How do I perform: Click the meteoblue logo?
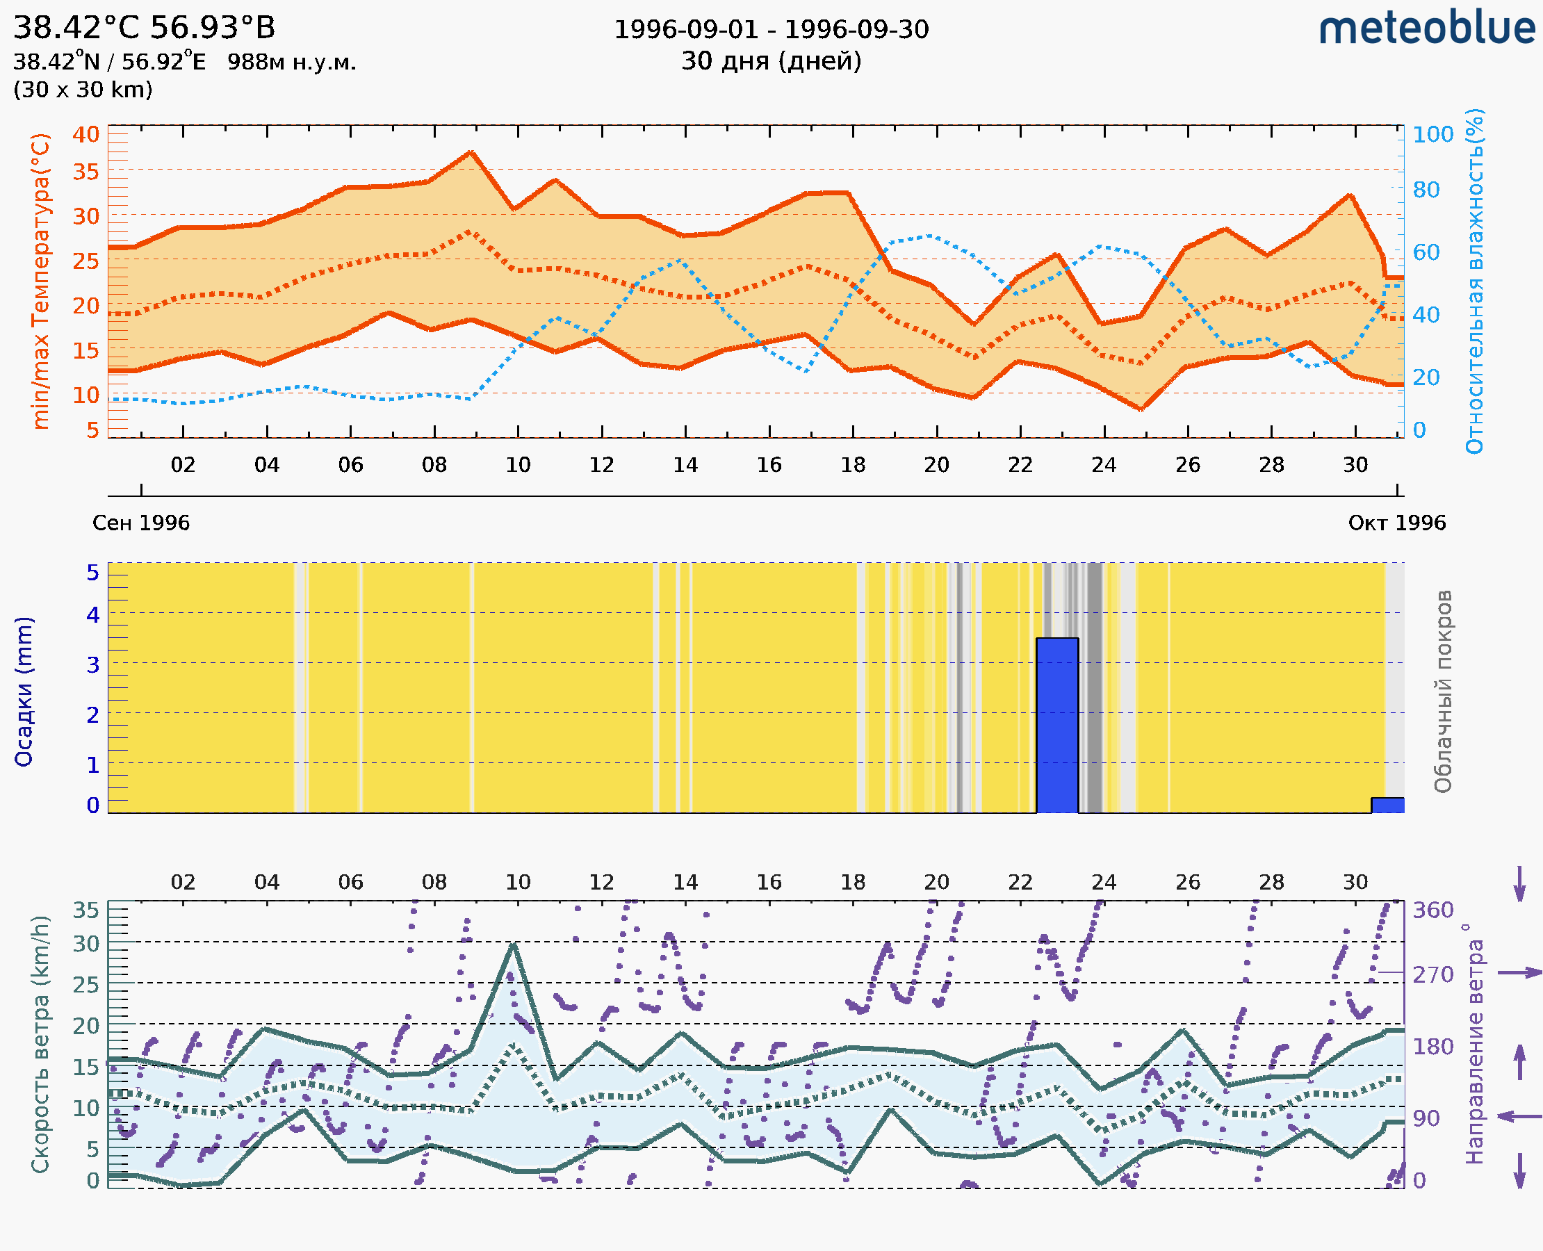pos(1426,28)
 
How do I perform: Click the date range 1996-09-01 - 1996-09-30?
pos(771,30)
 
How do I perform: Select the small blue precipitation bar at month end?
pos(1387,805)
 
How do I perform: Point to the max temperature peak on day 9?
pos(471,152)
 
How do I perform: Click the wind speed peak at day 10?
pos(513,945)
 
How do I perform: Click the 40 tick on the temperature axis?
pos(85,134)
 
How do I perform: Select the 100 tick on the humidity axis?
pos(1432,134)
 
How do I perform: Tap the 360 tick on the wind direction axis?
pos(1432,910)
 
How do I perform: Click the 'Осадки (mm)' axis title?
pos(24,692)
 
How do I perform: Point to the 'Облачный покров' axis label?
pos(1443,692)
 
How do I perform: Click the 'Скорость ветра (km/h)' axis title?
pos(40,1044)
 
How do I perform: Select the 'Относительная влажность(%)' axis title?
pos(1474,281)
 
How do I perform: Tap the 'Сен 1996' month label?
pos(140,523)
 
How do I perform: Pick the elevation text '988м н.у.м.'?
pos(291,62)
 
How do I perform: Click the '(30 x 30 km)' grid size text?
pos(83,90)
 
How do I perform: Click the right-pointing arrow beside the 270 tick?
pos(1519,973)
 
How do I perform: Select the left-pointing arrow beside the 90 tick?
pos(1519,1116)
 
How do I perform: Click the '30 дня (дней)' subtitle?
pos(771,60)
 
